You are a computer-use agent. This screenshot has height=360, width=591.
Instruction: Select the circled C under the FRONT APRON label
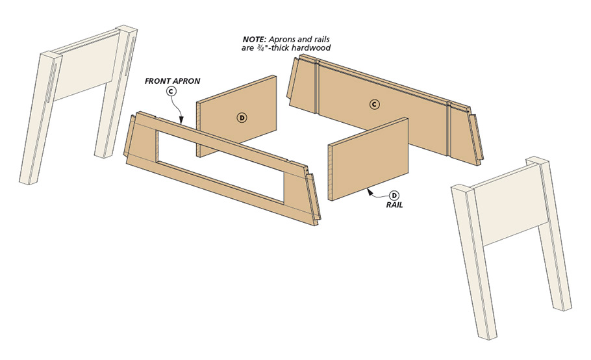point(171,92)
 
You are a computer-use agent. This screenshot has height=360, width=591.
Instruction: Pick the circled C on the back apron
point(374,104)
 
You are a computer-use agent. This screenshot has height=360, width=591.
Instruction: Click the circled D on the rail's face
point(242,118)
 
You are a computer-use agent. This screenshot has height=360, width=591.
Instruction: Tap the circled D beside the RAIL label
point(394,196)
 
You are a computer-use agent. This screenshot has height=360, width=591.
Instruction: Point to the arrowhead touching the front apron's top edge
point(183,121)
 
